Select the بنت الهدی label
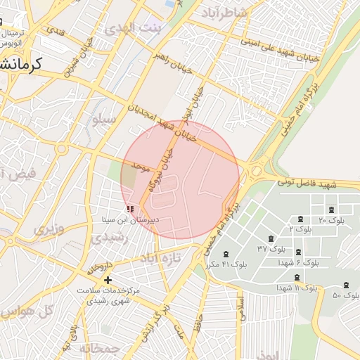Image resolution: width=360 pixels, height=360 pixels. [131, 29]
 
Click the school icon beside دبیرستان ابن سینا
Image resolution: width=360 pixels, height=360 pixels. [129, 209]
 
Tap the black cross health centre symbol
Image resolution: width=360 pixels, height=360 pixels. [108, 280]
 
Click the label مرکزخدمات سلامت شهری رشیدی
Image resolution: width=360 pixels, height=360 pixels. [108, 295]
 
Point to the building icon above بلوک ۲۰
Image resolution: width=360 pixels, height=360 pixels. [330, 210]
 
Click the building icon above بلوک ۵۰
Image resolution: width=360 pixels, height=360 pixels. [345, 285]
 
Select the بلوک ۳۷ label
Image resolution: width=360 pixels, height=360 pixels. [271, 249]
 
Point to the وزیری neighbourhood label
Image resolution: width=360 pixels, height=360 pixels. [49, 229]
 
